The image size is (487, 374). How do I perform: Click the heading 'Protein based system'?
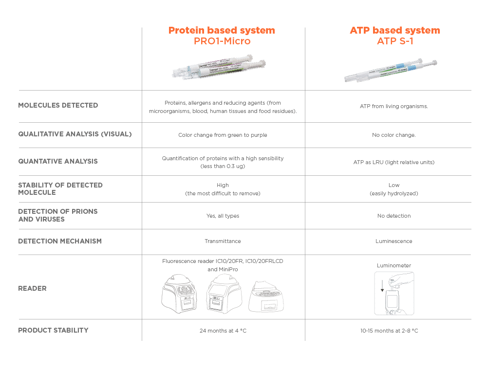pyautogui.click(x=222, y=30)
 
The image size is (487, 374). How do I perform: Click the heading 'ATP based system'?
pyautogui.click(x=394, y=30)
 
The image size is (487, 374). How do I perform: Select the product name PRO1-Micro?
pyautogui.click(x=222, y=41)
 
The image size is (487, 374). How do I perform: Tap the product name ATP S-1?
pyautogui.click(x=394, y=41)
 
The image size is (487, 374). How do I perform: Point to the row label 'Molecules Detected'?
pyautogui.click(x=58, y=105)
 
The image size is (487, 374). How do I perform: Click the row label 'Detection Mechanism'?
pyautogui.click(x=60, y=241)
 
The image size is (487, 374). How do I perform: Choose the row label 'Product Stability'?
pyautogui.click(x=53, y=330)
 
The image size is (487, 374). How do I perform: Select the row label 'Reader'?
pyautogui.click(x=32, y=288)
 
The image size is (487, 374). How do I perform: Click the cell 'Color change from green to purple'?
pyautogui.click(x=223, y=135)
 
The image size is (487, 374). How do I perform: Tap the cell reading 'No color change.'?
pyautogui.click(x=394, y=135)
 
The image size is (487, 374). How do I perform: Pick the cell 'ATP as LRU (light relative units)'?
pyautogui.click(x=394, y=162)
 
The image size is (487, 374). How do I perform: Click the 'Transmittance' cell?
pyautogui.click(x=223, y=241)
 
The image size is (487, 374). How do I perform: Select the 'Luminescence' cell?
pyautogui.click(x=394, y=241)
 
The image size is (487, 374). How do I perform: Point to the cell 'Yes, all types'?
pyautogui.click(x=223, y=216)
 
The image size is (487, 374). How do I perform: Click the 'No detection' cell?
pyautogui.click(x=394, y=216)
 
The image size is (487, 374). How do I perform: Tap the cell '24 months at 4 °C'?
pyautogui.click(x=223, y=331)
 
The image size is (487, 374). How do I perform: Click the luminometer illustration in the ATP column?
pyautogui.click(x=394, y=294)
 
